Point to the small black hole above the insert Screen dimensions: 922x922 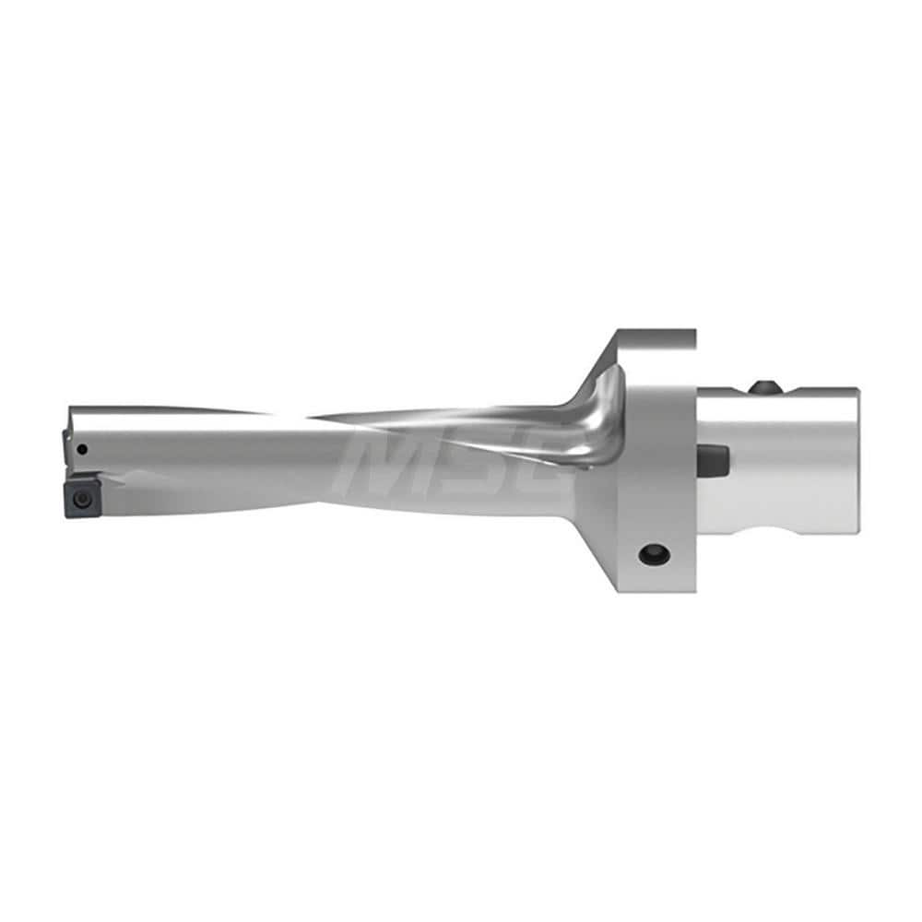[x=83, y=450]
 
